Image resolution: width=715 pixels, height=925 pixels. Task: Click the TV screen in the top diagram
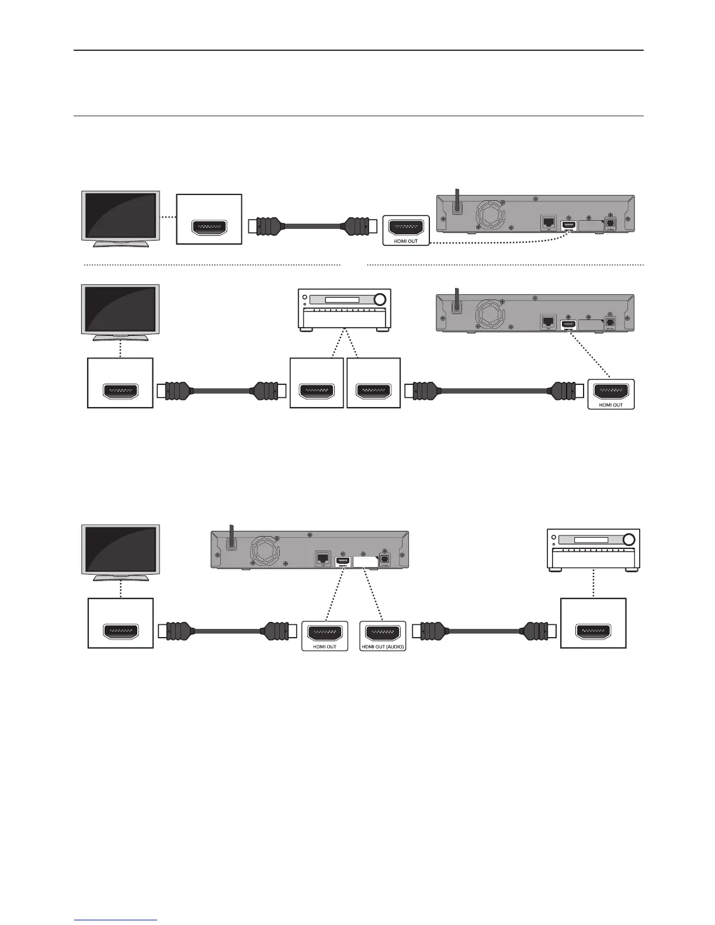pos(120,214)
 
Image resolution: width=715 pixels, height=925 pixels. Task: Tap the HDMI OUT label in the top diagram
pos(405,241)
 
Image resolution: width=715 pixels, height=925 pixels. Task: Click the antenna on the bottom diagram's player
pos(231,538)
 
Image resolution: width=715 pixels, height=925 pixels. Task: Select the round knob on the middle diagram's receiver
pos(380,300)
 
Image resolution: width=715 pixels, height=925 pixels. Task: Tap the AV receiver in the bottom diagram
pos(593,550)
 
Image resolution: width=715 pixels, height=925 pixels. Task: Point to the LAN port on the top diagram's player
pos(549,222)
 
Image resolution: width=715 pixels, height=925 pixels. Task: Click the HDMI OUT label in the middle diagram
pos(610,405)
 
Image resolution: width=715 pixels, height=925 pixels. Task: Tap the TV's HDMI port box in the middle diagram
pos(120,382)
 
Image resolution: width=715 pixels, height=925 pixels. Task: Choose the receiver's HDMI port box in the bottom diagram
pos(593,623)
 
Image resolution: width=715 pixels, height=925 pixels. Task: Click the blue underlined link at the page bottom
pos(116,919)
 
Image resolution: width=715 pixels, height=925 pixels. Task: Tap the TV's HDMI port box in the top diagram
pos(209,219)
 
